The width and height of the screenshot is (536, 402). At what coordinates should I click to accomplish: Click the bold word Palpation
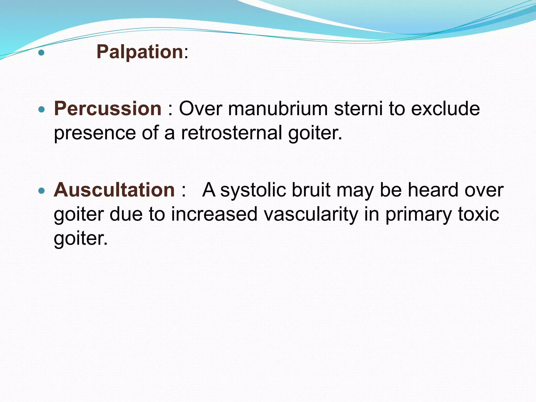(x=139, y=52)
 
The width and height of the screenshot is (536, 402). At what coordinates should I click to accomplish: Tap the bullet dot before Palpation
(x=41, y=53)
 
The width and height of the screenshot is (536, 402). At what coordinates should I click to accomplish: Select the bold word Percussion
(x=108, y=109)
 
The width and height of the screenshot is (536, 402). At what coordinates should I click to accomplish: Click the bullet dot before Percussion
(x=41, y=109)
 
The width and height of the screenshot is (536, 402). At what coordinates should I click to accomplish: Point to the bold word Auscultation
(x=114, y=190)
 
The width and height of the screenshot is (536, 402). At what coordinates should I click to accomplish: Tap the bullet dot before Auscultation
(x=41, y=191)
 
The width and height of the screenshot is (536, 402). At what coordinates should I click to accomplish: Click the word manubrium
(x=278, y=109)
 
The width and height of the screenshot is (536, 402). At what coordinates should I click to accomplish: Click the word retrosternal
(x=231, y=133)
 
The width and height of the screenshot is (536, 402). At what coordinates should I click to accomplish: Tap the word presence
(x=95, y=133)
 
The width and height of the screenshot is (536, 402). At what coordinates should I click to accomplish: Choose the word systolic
(x=253, y=190)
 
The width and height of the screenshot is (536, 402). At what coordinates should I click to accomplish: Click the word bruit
(x=311, y=190)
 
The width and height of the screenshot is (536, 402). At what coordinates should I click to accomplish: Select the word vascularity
(x=311, y=214)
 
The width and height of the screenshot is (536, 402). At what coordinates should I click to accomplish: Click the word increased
(x=214, y=214)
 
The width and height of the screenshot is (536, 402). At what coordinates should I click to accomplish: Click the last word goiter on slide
(x=80, y=238)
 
